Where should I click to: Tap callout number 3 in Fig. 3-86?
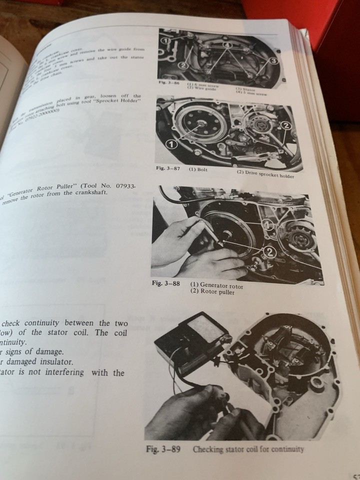[273, 60]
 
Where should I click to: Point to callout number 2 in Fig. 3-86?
[183, 65]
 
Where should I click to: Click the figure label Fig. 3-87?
[168, 169]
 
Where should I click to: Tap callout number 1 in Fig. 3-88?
[269, 225]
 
